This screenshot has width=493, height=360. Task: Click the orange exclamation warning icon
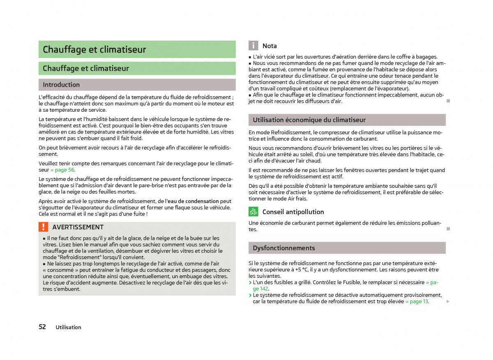click(44, 227)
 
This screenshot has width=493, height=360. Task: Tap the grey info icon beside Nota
click(253, 46)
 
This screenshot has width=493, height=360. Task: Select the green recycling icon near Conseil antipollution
click(253, 212)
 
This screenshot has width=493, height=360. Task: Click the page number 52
click(42, 327)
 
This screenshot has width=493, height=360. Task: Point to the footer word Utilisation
click(69, 328)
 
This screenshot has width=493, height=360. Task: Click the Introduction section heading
click(61, 85)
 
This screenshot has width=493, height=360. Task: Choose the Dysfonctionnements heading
click(278, 248)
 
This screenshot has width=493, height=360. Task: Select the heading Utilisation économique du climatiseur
click(309, 120)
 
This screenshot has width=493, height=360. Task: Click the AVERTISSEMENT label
click(78, 227)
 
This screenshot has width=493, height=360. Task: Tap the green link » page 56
click(62, 170)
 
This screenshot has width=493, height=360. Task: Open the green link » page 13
click(417, 301)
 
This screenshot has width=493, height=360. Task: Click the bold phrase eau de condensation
click(193, 201)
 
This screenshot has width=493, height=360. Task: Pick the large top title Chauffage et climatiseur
click(94, 50)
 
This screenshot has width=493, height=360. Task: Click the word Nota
click(270, 46)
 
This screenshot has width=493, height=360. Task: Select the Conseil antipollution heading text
click(293, 212)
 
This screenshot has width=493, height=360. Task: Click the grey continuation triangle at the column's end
click(448, 301)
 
